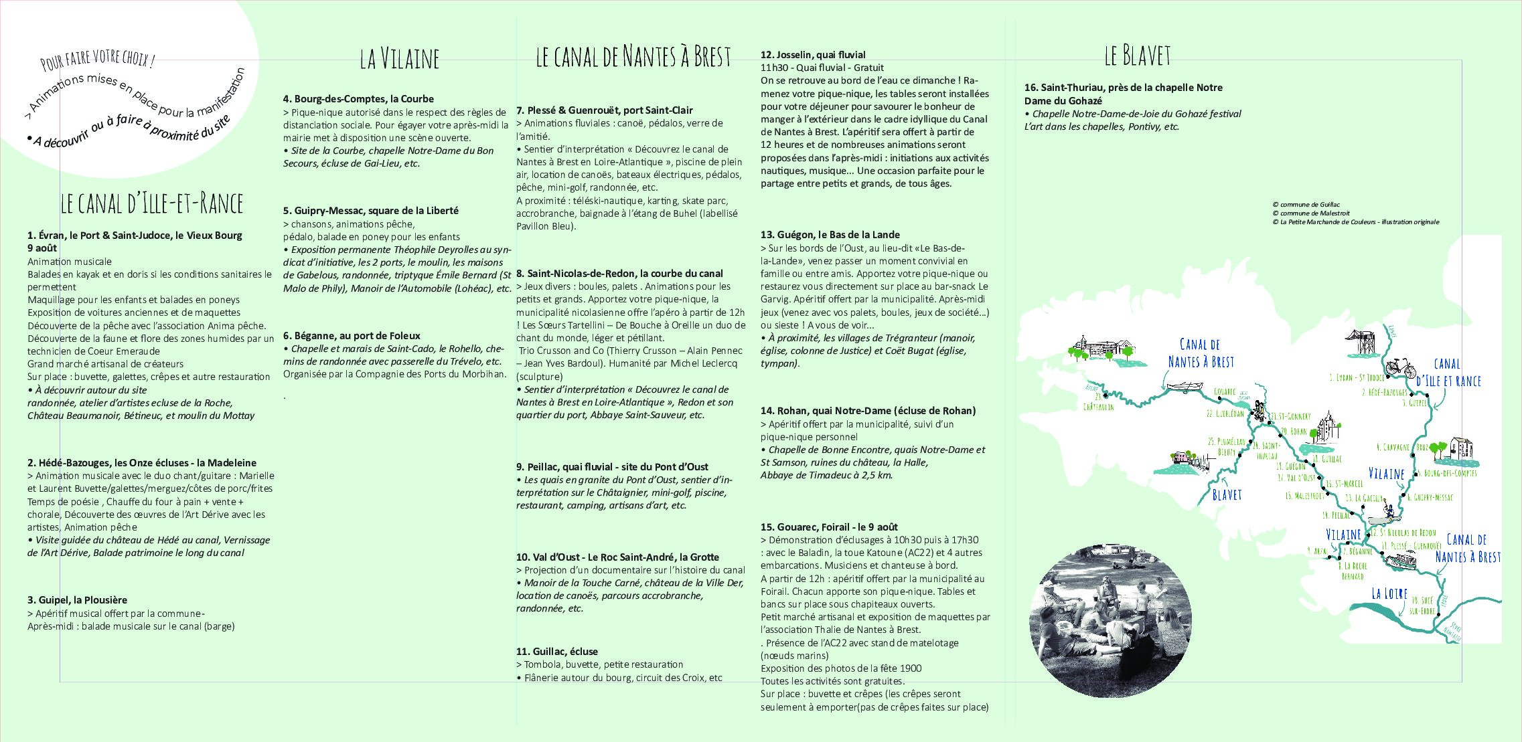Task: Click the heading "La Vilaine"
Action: [x=399, y=59]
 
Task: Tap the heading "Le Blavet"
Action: [x=1137, y=56]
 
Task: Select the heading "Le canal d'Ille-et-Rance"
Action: [x=151, y=203]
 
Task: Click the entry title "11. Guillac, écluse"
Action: [x=557, y=651]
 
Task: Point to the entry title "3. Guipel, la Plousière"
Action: [x=77, y=600]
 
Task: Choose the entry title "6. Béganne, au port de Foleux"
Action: [x=352, y=335]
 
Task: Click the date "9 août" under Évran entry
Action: [x=42, y=248]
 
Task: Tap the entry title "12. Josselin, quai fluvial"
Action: [x=813, y=55]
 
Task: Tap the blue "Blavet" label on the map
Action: [x=1227, y=494]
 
